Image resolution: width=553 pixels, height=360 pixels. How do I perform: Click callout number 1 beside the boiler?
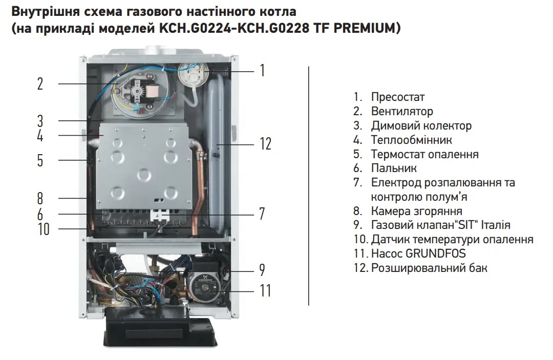tap(262, 70)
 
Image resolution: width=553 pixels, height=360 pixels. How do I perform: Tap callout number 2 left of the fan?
tap(40, 83)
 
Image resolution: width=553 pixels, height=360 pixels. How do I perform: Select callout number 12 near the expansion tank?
tap(266, 144)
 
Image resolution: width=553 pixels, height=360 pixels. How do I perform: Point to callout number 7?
tap(262, 214)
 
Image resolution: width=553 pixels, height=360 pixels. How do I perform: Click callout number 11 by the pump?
tap(265, 291)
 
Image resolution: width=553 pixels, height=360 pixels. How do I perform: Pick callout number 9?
tap(262, 270)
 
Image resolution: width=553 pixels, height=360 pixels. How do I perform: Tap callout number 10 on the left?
tap(44, 229)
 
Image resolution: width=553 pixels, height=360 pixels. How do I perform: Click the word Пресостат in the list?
tap(397, 97)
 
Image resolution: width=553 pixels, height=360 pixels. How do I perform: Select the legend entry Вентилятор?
tap(402, 112)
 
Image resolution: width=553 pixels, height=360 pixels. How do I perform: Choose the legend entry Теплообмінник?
tap(411, 140)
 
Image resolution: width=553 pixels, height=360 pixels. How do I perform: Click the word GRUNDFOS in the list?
tap(436, 253)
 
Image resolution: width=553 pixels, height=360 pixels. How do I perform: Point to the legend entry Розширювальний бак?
tap(429, 268)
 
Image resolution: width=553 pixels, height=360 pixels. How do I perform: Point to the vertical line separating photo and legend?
tap(309, 186)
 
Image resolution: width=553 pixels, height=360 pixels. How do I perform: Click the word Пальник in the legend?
tap(394, 168)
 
